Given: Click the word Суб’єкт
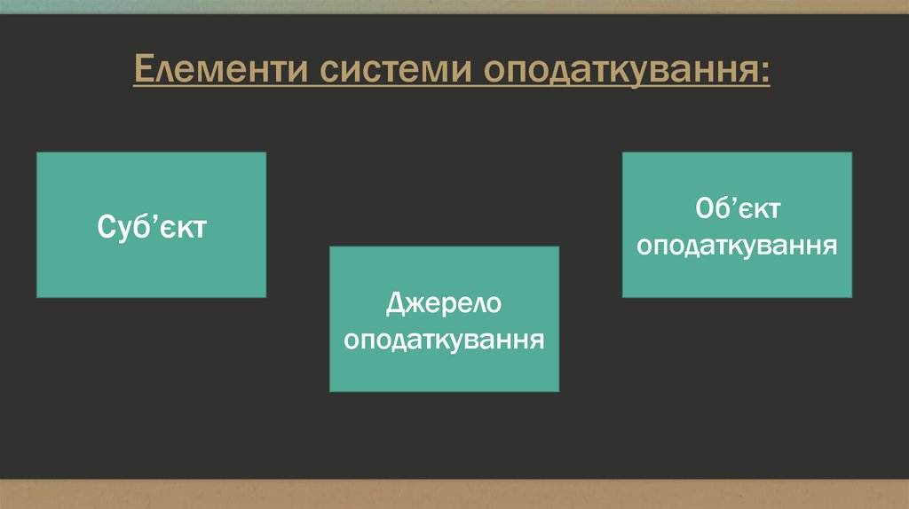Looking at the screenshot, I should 151,226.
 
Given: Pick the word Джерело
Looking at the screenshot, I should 444,304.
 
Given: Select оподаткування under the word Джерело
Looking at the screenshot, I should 444,339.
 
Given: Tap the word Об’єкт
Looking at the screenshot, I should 737,210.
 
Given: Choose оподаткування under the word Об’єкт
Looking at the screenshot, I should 737,245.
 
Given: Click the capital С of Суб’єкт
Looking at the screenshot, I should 105,226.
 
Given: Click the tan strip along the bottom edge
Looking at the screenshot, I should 454,494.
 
